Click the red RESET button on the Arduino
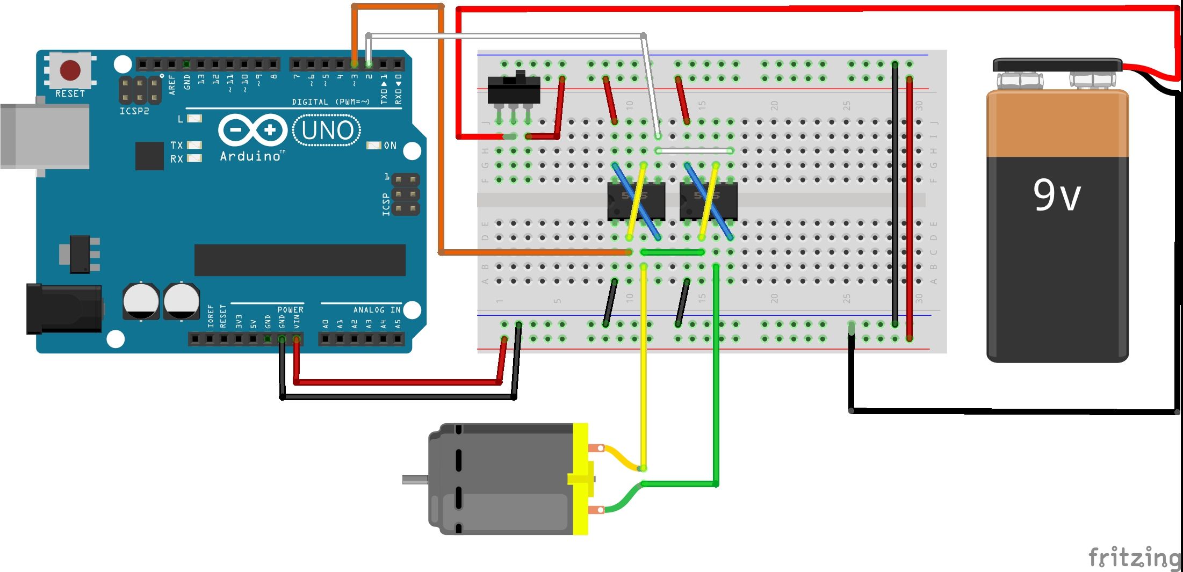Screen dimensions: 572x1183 [70, 70]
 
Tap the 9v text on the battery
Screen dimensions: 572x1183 [1056, 196]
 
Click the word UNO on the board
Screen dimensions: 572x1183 [327, 131]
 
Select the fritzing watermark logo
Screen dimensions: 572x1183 [1134, 557]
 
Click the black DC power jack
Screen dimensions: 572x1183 [64, 309]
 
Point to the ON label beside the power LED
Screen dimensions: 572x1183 [390, 146]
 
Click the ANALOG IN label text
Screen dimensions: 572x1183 [377, 310]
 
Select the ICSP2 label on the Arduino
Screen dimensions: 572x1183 [134, 111]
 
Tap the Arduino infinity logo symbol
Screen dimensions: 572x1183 [252, 130]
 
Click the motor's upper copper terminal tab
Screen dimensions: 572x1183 [596, 448]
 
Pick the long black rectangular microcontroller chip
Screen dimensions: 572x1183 [299, 260]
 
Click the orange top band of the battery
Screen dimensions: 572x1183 [1057, 124]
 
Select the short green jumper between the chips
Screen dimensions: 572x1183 [672, 252]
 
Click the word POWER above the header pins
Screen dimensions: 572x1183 [290, 310]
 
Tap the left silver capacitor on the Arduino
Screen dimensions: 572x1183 [141, 301]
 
